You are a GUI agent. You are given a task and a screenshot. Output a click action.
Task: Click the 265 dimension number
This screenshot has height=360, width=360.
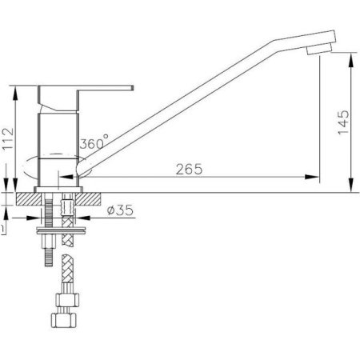pyautogui.click(x=189, y=169)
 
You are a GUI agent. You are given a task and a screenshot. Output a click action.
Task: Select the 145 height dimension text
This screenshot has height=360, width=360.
pyautogui.click(x=343, y=122)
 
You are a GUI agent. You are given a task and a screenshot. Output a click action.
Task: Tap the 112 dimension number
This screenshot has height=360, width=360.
pyautogui.click(x=8, y=139)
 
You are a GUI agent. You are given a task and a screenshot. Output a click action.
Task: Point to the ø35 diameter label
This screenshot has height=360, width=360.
pyautogui.click(x=120, y=210)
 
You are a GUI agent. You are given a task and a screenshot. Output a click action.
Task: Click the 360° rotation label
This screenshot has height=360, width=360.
pyautogui.click(x=94, y=142)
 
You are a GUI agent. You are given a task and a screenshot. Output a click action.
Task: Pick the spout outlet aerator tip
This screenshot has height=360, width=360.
pyautogui.click(x=319, y=50)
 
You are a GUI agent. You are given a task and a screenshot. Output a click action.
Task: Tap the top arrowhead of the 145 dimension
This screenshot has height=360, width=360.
pyautogui.click(x=352, y=59)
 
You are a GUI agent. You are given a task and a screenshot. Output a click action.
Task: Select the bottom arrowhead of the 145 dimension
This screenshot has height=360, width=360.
pyautogui.click(x=352, y=185)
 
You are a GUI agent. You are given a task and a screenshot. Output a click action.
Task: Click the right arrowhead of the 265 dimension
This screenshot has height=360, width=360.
pyautogui.click(x=312, y=177)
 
